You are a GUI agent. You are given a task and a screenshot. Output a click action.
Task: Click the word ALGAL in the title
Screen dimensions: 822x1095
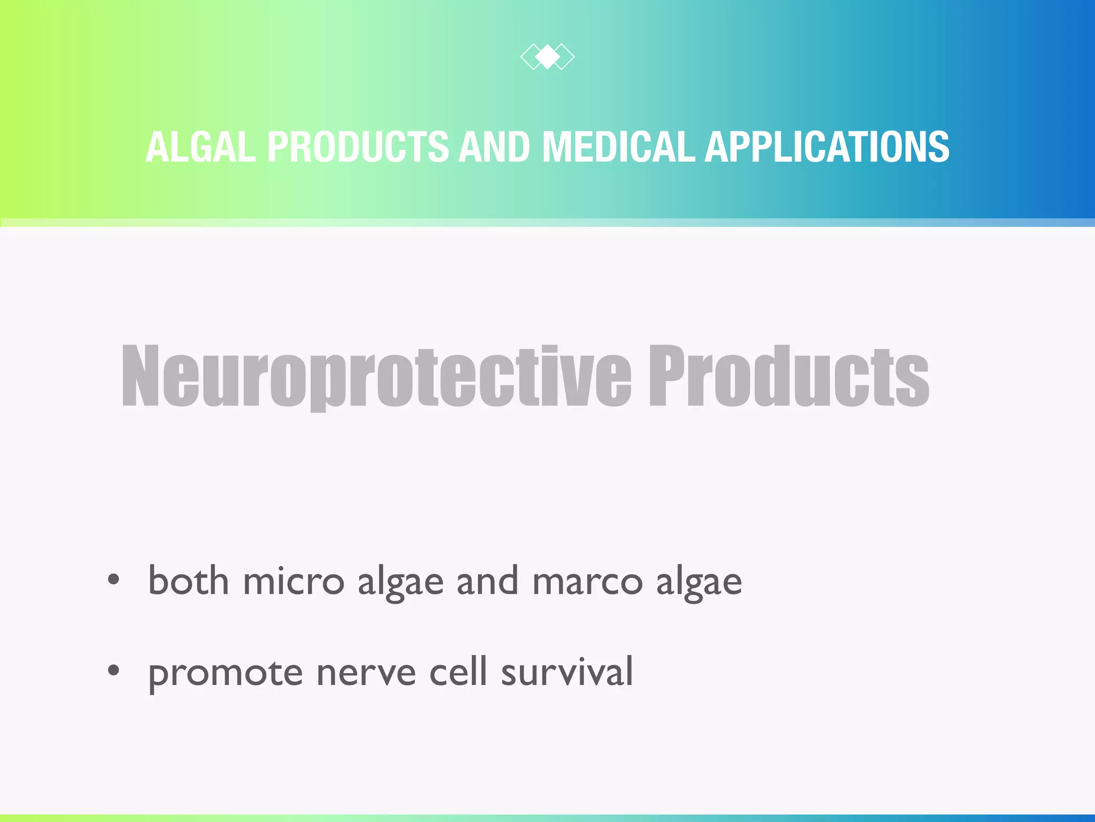point(201,147)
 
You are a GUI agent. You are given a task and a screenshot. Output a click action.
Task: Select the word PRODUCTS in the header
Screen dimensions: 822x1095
point(358,147)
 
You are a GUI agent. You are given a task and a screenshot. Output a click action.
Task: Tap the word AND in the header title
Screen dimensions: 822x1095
point(495,147)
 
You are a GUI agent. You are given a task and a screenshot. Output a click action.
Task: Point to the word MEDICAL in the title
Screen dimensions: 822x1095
point(619,147)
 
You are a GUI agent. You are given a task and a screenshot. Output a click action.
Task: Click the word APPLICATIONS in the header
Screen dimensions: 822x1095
point(827,147)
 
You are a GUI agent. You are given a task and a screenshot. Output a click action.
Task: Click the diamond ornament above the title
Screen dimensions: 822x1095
point(547,57)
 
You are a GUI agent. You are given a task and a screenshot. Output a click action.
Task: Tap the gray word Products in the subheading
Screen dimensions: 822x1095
point(789,376)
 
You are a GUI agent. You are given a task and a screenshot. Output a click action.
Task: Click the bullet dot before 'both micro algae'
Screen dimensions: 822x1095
point(113,580)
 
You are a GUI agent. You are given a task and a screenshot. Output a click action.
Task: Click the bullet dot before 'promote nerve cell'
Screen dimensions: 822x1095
point(113,670)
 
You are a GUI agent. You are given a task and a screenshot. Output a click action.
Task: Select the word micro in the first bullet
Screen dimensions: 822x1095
point(294,581)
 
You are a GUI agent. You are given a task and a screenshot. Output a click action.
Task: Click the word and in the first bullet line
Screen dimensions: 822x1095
point(487,581)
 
